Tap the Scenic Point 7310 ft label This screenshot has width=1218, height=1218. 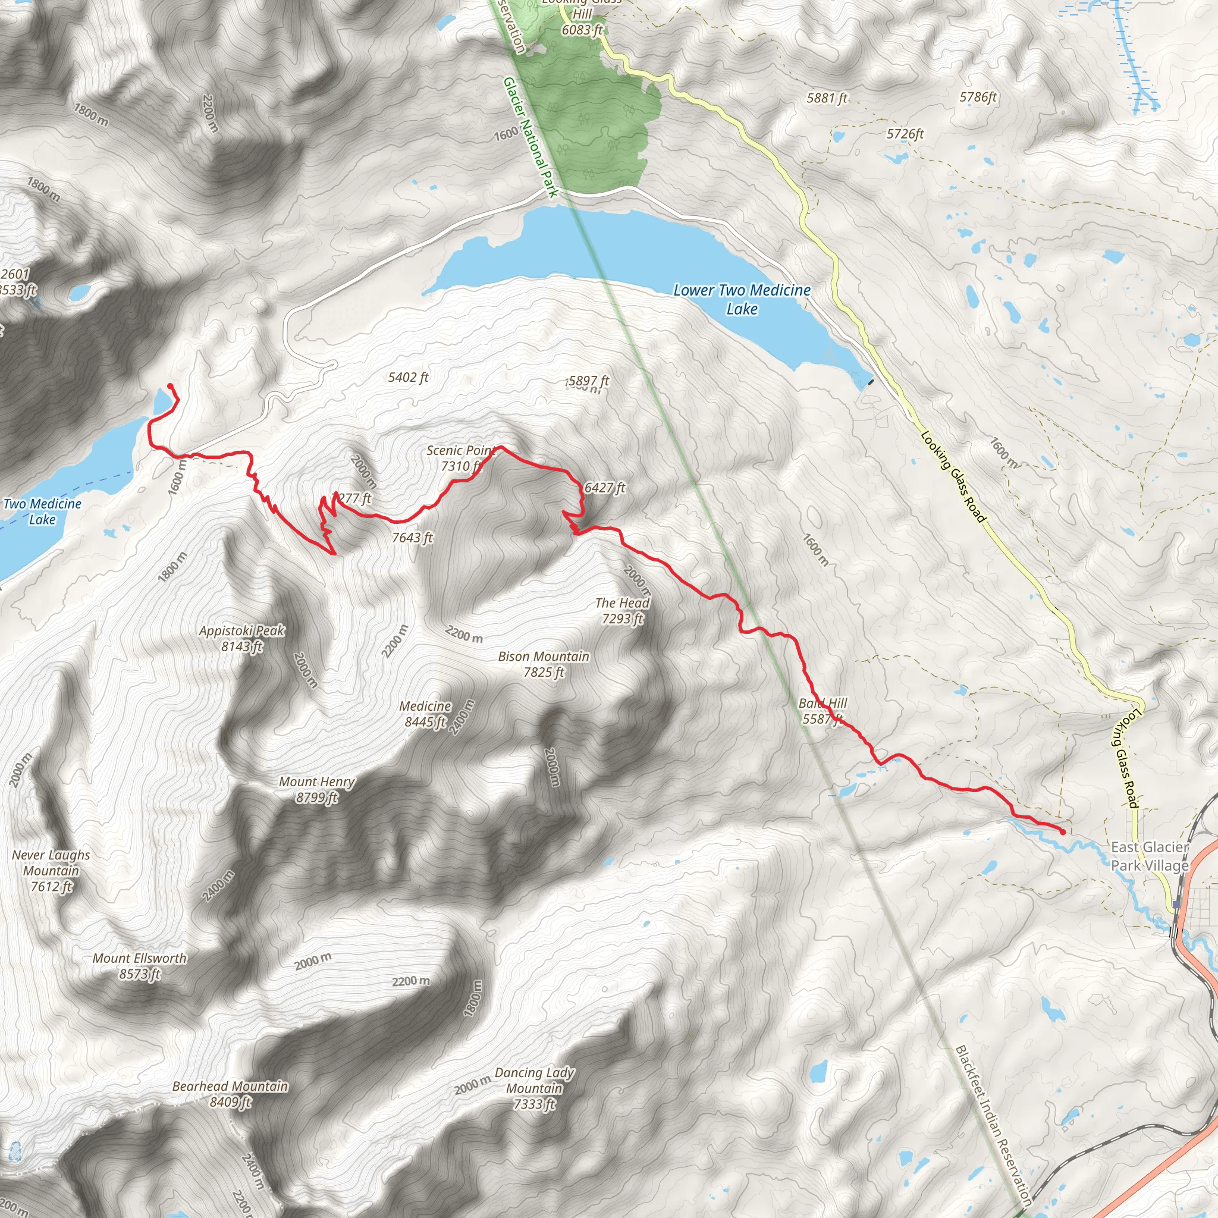click(x=460, y=459)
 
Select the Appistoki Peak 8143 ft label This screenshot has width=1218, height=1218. click(x=242, y=638)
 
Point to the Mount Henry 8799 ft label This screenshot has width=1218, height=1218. click(x=317, y=789)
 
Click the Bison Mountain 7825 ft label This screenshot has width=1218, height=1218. click(x=544, y=664)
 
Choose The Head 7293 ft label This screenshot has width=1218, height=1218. click(x=621, y=610)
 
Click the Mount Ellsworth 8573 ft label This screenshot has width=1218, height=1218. click(x=139, y=966)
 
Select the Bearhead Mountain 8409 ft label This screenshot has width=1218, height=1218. click(x=230, y=1094)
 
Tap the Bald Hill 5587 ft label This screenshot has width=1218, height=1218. click(x=822, y=711)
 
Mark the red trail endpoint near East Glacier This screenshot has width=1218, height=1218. click(x=1063, y=832)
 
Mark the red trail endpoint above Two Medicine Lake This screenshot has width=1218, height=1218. click(x=170, y=386)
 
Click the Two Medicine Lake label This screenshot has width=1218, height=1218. click(x=42, y=511)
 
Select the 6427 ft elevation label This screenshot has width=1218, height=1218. click(x=605, y=487)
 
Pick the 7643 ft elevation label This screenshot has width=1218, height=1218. click(x=412, y=537)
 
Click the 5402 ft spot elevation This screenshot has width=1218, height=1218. click(x=408, y=377)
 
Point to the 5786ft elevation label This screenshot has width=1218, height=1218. click(x=978, y=96)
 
